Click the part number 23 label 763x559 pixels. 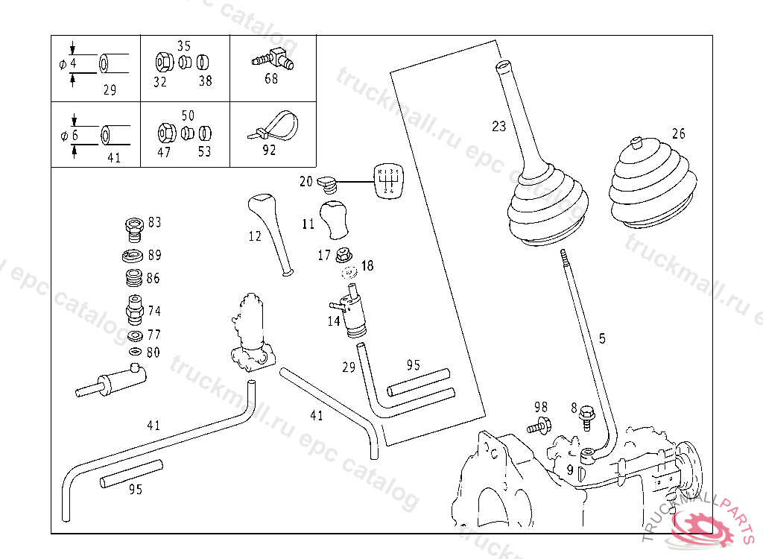498,126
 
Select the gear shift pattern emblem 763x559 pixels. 388,181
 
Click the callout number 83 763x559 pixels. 154,221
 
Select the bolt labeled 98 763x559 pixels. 537,427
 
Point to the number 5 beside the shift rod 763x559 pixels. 602,338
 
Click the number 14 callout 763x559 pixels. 333,321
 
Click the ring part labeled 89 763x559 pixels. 133,256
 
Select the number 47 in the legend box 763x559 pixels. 163,152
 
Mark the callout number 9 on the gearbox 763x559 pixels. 569,470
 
